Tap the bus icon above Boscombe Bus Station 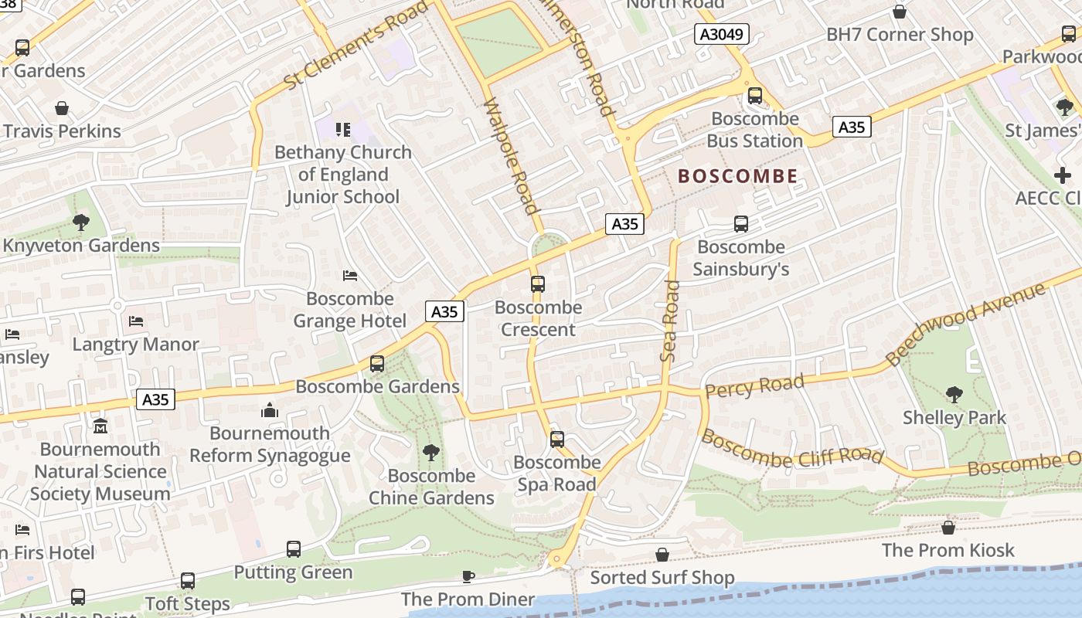[754, 96]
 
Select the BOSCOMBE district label [737, 176]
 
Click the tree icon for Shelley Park [954, 394]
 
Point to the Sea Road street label [670, 321]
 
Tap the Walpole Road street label [509, 155]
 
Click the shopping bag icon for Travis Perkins [62, 108]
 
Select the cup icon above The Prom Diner [468, 576]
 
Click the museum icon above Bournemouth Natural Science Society [100, 426]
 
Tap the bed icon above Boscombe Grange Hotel [349, 276]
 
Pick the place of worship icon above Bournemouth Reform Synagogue [270, 410]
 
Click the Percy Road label [754, 385]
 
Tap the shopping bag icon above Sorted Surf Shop [662, 555]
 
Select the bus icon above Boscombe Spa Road [556, 440]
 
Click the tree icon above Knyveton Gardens [80, 223]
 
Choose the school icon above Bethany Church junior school [342, 129]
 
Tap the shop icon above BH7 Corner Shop [900, 12]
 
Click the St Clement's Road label [356, 46]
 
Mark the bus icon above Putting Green [293, 549]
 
